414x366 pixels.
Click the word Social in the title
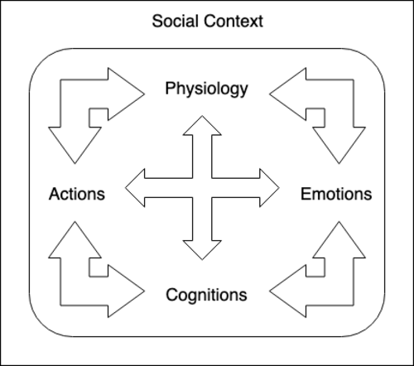pyautogui.click(x=176, y=21)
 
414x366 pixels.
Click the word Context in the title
pyautogui.click(x=233, y=21)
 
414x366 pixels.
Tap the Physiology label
pyautogui.click(x=206, y=89)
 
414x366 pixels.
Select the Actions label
pyautogui.click(x=77, y=194)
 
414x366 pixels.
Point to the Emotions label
pyautogui.click(x=336, y=194)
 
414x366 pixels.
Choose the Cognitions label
pyautogui.click(x=206, y=295)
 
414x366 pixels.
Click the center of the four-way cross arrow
pyautogui.click(x=202, y=188)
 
